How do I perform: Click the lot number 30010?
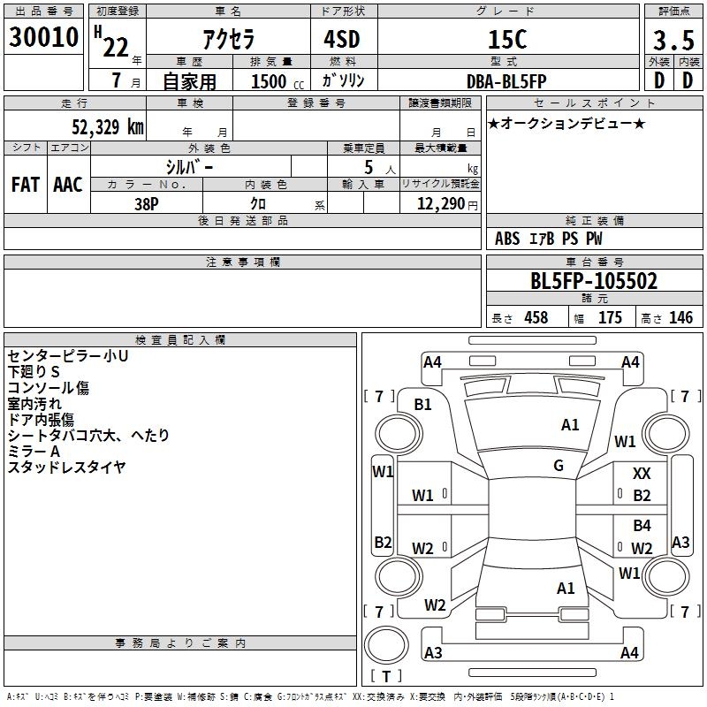pos(43,37)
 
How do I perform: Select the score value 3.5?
pos(673,40)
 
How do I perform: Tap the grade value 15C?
pos(507,39)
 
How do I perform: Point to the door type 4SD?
pos(342,39)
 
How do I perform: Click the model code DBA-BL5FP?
pos(506,81)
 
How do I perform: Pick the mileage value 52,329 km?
pos(108,126)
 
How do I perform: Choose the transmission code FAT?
pos(26,185)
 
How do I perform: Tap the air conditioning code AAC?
pos(68,185)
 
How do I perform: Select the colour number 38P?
pos(147,204)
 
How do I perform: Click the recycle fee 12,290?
pos(440,204)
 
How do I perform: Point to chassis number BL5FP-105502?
pos(594,281)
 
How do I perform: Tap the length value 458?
pos(536,317)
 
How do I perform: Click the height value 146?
pos(680,317)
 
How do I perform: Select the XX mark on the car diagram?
pos(642,474)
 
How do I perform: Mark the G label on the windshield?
pos(559,466)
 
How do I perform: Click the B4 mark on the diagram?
pos(642,525)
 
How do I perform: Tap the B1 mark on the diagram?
pos(423,405)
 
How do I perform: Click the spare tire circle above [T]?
pos(386,645)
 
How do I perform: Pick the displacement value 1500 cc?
pos(277,81)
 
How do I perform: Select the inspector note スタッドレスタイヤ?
pos(67,468)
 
